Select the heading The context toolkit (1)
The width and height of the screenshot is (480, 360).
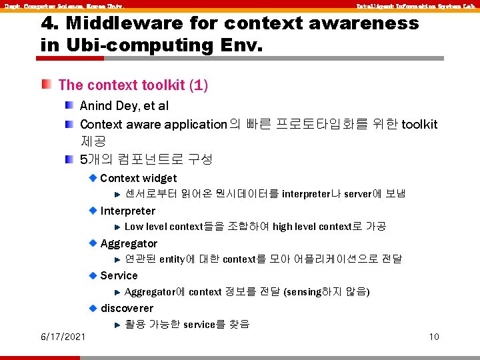[133, 85]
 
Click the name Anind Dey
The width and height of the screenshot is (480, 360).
[109, 105]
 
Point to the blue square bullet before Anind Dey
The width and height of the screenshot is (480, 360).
[69, 105]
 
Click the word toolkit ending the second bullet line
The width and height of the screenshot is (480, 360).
[419, 124]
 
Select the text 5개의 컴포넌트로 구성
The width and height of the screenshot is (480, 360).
[146, 159]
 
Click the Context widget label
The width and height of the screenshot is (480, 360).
[138, 178]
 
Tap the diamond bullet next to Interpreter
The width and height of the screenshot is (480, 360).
[93, 211]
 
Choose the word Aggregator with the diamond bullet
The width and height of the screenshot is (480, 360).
[129, 243]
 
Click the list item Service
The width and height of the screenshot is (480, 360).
[119, 275]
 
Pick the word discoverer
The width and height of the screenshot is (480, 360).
[127, 308]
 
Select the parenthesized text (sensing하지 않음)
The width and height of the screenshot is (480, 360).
[327, 291]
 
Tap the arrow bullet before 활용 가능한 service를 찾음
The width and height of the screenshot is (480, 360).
[117, 325]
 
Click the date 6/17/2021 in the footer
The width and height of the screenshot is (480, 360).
[63, 337]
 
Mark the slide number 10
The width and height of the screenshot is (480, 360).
[434, 337]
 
